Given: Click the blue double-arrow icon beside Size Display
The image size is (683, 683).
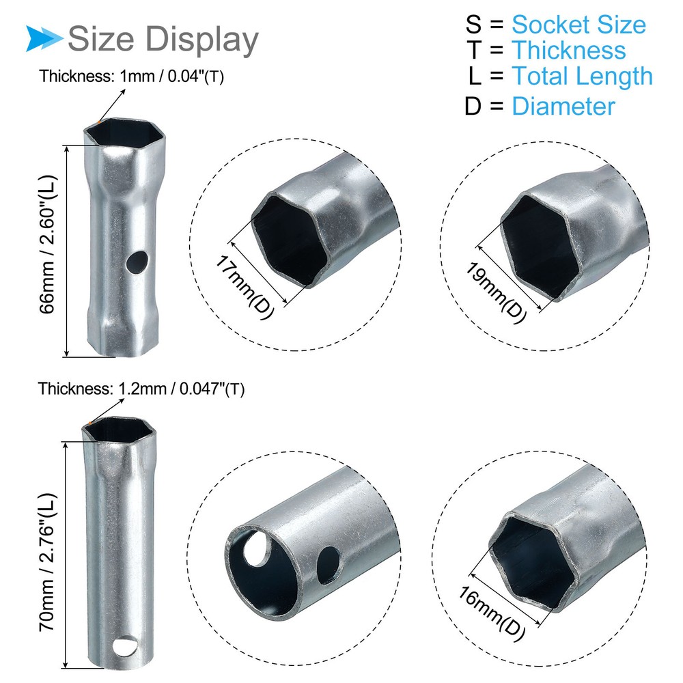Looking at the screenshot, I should [x=44, y=38].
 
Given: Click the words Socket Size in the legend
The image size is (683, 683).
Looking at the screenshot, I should [x=579, y=25].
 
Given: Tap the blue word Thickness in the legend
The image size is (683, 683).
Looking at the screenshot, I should [x=568, y=51].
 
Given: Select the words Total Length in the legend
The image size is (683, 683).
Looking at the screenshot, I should [x=582, y=76].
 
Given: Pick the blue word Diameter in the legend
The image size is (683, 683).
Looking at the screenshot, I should [x=563, y=107].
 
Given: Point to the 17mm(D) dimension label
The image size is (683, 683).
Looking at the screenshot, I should [x=245, y=286].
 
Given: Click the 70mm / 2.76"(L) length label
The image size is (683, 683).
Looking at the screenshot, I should [x=48, y=557].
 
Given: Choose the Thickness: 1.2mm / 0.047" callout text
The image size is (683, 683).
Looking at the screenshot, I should [x=141, y=389].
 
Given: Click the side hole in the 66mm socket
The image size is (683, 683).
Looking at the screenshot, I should [x=138, y=260].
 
